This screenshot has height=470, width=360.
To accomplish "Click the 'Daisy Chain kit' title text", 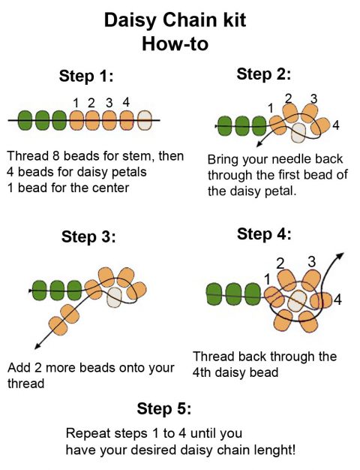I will click(x=175, y=20).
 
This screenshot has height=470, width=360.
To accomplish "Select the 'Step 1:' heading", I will click(x=86, y=76).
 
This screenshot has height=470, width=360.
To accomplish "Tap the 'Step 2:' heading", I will click(x=263, y=74).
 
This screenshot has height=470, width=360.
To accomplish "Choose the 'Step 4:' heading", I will click(x=264, y=233).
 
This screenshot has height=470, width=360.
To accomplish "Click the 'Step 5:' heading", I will click(x=163, y=408).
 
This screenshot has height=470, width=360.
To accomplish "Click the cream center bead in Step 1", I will click(x=145, y=119).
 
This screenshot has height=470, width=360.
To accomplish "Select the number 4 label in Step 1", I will click(x=126, y=101).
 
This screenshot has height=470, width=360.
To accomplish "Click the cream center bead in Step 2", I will click(x=298, y=133).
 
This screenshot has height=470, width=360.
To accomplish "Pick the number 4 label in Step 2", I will click(x=335, y=125).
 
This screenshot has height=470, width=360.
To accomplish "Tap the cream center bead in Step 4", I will click(x=298, y=301).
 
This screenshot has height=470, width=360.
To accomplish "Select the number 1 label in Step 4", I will click(x=267, y=279).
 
